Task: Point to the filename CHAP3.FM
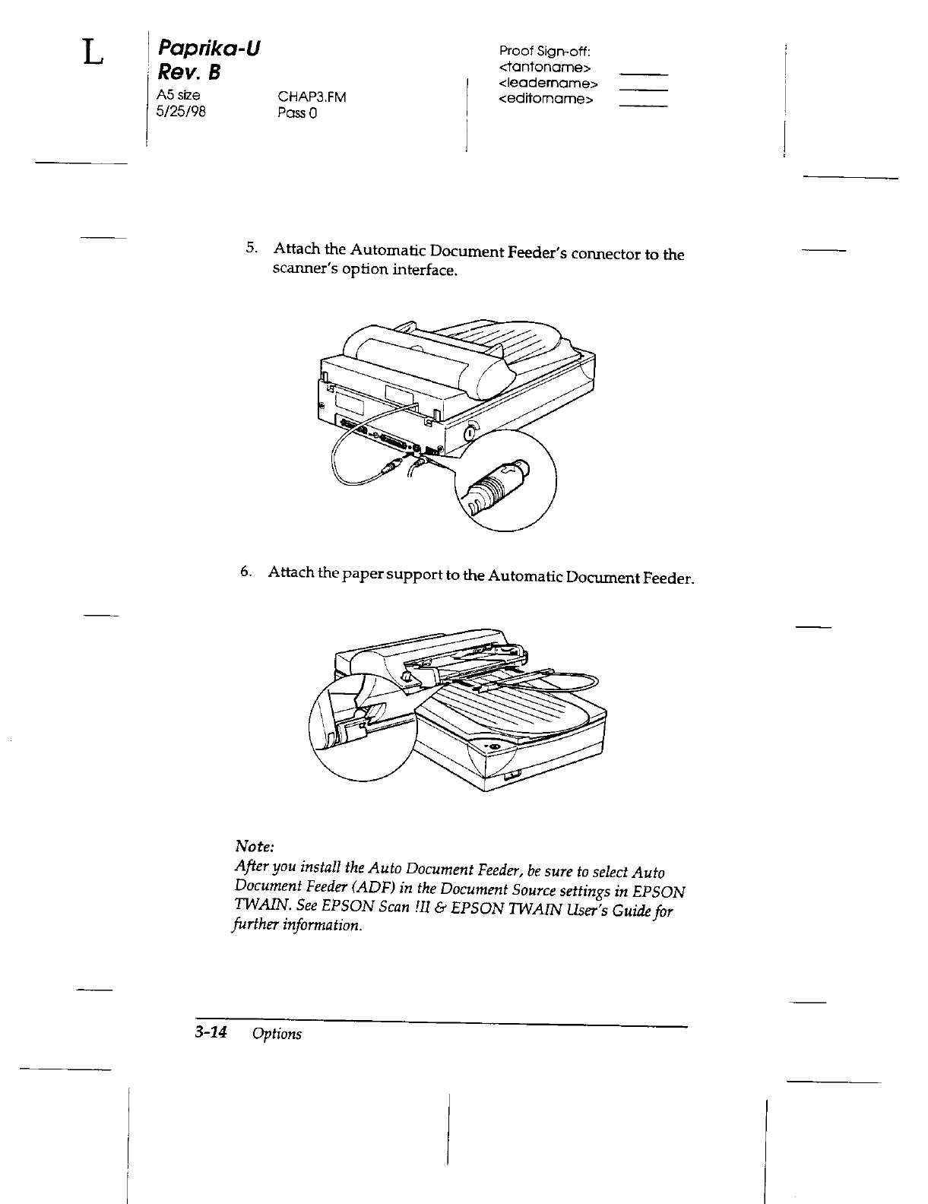(x=312, y=98)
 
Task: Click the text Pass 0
(x=297, y=114)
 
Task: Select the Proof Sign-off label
(x=544, y=52)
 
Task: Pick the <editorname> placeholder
(x=545, y=99)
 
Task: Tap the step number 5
(x=250, y=248)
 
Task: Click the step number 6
(x=245, y=572)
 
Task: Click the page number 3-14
(x=211, y=1032)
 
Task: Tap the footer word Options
(x=277, y=1034)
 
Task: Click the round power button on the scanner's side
(x=470, y=432)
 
